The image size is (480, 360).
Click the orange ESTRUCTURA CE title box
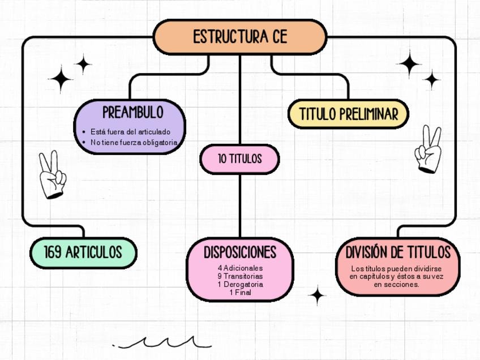click(x=240, y=37)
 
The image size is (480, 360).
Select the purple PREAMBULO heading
click(x=132, y=112)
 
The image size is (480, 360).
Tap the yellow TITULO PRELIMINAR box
click(x=348, y=114)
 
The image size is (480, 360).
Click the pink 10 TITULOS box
click(x=239, y=159)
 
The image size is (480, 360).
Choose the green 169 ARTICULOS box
click(x=83, y=252)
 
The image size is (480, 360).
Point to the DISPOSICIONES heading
click(x=240, y=252)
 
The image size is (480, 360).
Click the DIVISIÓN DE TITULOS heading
click(x=398, y=252)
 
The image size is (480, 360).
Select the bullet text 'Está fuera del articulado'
click(x=130, y=132)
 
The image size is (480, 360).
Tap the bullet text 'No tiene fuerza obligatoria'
click(x=134, y=143)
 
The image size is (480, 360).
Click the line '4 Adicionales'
click(x=240, y=268)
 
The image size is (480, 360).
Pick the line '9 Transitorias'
click(x=240, y=276)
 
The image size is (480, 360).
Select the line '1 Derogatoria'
click(x=240, y=284)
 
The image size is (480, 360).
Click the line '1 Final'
click(x=240, y=292)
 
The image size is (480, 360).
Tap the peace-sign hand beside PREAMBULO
click(x=52, y=174)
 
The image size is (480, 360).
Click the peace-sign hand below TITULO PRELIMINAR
click(x=428, y=149)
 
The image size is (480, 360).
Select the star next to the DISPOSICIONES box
click(x=317, y=295)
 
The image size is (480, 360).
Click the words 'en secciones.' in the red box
click(x=397, y=285)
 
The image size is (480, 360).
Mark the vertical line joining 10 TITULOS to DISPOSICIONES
click(x=240, y=205)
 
